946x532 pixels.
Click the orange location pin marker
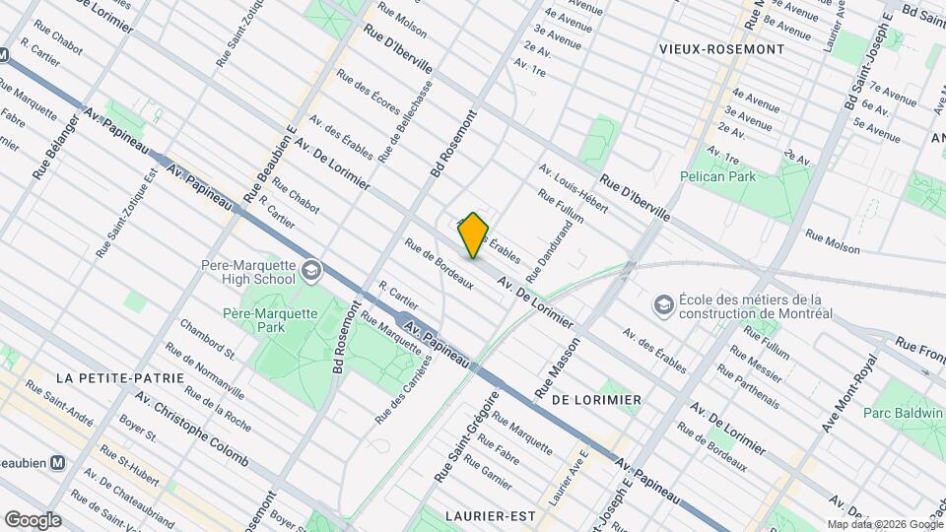pos(474,234)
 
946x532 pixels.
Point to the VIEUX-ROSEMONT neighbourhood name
pos(723,49)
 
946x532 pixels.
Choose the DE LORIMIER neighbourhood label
pos(597,400)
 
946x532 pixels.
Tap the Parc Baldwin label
pos(904,414)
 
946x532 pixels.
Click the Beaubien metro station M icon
pos(58,461)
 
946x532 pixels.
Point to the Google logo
pos(33,519)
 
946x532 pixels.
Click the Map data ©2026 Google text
pos(883,524)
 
